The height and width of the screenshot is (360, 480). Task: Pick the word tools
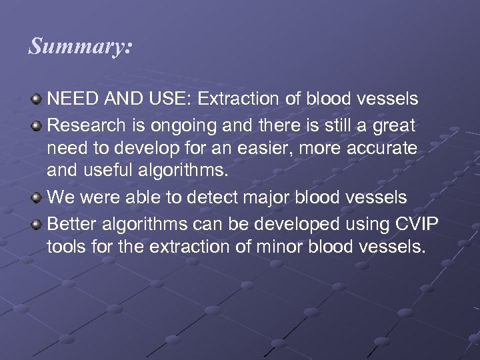pyautogui.click(x=65, y=247)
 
